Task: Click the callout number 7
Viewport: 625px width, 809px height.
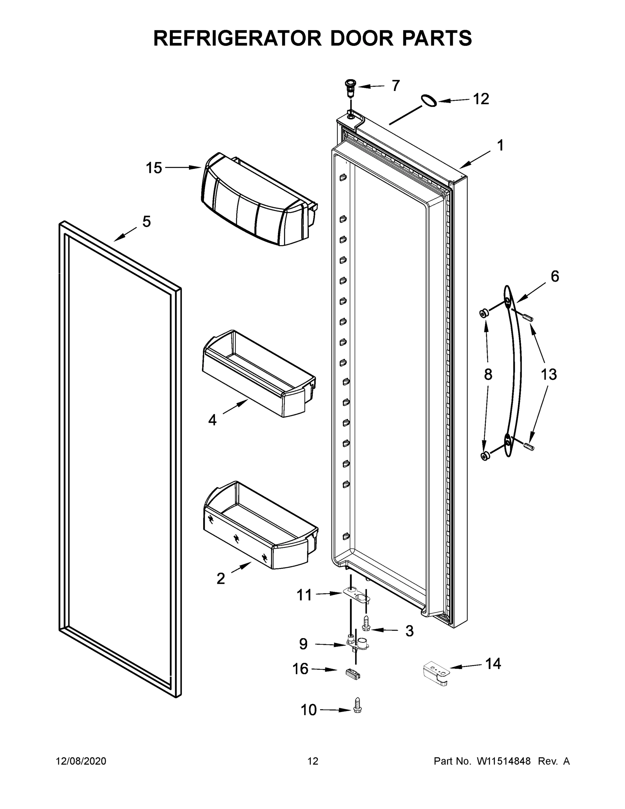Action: [x=396, y=86]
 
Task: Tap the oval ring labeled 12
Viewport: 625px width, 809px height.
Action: [x=428, y=100]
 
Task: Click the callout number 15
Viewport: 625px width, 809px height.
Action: [x=154, y=168]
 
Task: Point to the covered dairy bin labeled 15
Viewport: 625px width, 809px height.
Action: [x=259, y=200]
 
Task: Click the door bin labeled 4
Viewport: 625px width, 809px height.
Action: [x=259, y=374]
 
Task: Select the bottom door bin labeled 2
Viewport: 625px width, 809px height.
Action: [x=259, y=526]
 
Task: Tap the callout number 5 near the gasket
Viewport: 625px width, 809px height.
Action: [x=147, y=221]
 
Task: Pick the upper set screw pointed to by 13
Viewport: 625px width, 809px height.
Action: [x=527, y=317]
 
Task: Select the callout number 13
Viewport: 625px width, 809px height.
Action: [x=549, y=374]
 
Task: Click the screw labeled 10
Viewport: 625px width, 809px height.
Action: [x=357, y=705]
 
